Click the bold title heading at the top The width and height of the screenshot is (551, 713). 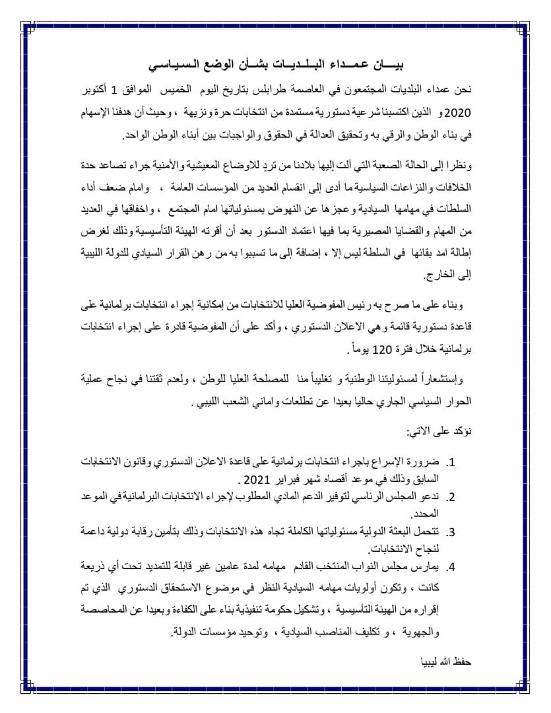point(275,66)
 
